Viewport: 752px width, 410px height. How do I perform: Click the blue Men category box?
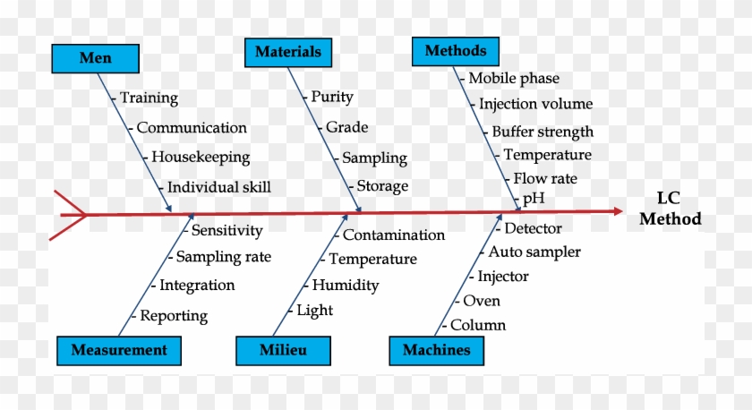[x=96, y=58]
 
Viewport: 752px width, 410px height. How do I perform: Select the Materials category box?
[x=288, y=52]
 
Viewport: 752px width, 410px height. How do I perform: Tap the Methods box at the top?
[x=456, y=51]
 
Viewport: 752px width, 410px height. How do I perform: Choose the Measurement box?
[x=119, y=351]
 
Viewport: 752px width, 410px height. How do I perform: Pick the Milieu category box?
[x=283, y=351]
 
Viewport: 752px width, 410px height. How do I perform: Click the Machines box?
[x=437, y=351]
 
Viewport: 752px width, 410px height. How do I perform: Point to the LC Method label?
[x=670, y=209]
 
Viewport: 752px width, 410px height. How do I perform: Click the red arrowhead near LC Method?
[x=619, y=211]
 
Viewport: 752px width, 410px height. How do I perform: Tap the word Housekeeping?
[x=201, y=158]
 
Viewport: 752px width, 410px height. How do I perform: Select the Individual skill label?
[x=218, y=187]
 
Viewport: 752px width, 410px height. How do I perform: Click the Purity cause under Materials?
[x=332, y=98]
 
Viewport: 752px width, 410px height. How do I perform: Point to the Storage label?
[x=382, y=186]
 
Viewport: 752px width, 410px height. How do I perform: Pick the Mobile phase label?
[x=514, y=79]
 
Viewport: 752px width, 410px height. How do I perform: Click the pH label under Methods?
[x=534, y=198]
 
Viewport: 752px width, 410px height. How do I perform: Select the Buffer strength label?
[x=543, y=132]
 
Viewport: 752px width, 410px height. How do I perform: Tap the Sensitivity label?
[x=226, y=231]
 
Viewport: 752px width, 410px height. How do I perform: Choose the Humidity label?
[x=346, y=286]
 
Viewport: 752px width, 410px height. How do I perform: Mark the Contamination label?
[x=394, y=235]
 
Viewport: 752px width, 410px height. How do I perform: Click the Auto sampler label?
[x=534, y=252]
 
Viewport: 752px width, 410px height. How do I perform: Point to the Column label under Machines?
[x=478, y=325]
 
